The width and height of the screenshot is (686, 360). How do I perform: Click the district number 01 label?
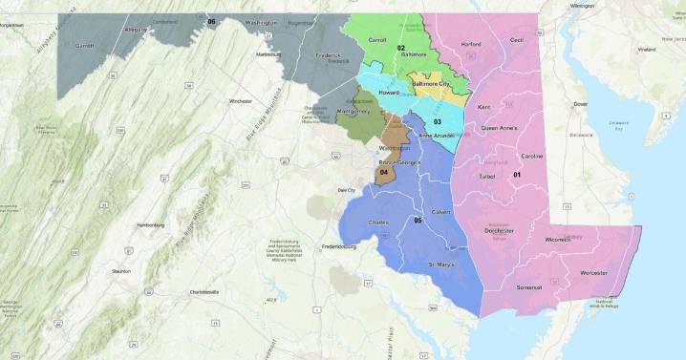point(517,174)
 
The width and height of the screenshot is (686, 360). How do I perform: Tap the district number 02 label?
point(401,48)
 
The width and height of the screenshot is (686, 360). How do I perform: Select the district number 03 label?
point(436,121)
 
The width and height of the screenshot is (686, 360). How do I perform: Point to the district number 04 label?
point(384,172)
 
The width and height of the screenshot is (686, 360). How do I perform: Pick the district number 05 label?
point(418,221)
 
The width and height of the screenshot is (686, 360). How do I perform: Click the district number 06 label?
point(211,21)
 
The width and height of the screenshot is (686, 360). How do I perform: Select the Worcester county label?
point(592,272)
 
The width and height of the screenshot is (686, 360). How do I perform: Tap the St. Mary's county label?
point(441,263)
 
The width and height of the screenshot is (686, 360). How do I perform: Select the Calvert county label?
point(440,212)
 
